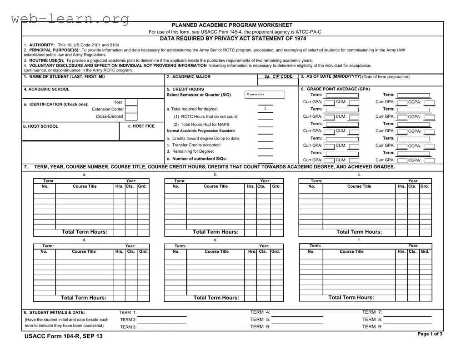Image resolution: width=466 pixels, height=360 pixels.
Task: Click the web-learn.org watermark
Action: pyautogui.click(x=70, y=19)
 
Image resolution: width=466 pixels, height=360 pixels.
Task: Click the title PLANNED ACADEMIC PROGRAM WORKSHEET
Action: pyautogui.click(x=232, y=25)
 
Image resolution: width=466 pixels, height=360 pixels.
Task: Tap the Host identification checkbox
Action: pyautogui.click(x=131, y=103)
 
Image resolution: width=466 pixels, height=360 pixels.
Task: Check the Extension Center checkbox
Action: pyautogui.click(x=131, y=110)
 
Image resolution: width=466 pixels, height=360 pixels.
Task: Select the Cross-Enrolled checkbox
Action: pyautogui.click(x=131, y=116)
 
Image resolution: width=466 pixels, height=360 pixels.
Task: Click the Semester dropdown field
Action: pyautogui.click(x=265, y=95)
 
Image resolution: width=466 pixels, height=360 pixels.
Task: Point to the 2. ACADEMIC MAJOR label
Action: pyautogui.click(x=188, y=77)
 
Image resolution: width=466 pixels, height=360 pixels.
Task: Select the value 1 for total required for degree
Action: pyautogui.click(x=265, y=109)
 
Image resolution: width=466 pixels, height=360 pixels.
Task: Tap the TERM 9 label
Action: pyautogui.click(x=372, y=326)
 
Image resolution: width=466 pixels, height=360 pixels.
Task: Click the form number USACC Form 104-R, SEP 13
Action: pyautogui.click(x=63, y=336)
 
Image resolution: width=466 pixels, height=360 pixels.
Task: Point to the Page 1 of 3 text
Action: pyautogui.click(x=430, y=334)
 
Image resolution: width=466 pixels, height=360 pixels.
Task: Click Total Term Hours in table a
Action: pyautogui.click(x=85, y=232)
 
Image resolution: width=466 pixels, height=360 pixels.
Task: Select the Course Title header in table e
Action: pyautogui.click(x=216, y=251)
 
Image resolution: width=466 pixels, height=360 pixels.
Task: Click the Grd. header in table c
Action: pyautogui.click(x=425, y=186)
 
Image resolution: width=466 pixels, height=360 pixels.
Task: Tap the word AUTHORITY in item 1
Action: pyautogui.click(x=42, y=45)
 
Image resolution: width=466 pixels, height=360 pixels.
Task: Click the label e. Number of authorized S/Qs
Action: pyautogui.click(x=196, y=159)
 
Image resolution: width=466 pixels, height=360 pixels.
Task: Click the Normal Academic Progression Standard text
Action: pyautogui.click(x=200, y=131)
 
